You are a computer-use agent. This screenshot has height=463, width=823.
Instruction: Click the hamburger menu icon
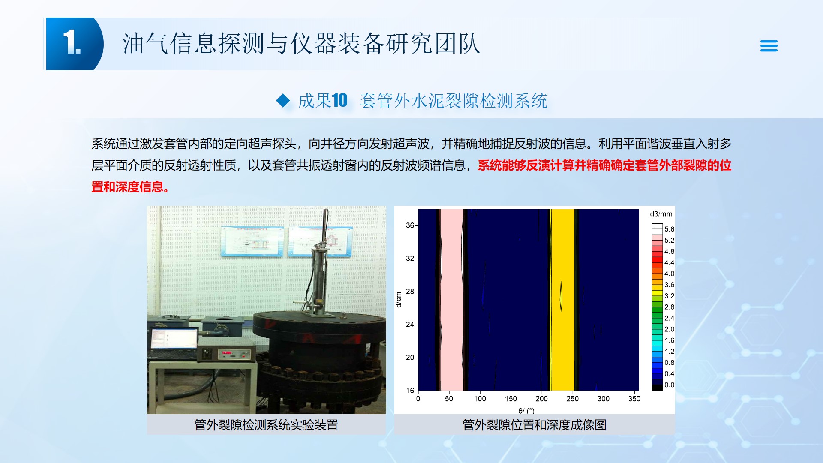[x=769, y=46]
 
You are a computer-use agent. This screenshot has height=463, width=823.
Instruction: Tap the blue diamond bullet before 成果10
[x=283, y=101]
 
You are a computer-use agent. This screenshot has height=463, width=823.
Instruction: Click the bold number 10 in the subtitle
[x=339, y=101]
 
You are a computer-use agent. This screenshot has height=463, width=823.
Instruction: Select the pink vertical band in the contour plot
[x=451, y=300]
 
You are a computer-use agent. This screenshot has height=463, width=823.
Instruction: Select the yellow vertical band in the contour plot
[x=562, y=300]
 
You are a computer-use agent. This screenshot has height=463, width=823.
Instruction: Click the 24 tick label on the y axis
[x=410, y=325]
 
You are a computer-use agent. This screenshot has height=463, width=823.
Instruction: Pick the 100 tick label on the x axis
[x=480, y=399]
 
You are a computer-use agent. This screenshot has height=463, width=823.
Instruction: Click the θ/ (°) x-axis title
[x=526, y=411]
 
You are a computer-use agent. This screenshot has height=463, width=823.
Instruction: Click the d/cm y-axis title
[x=399, y=300]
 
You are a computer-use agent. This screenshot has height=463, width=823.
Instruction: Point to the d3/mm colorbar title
[x=661, y=214]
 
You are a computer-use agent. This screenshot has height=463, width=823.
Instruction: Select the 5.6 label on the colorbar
[x=669, y=229]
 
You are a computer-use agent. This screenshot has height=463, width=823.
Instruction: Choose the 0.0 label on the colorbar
[x=669, y=385]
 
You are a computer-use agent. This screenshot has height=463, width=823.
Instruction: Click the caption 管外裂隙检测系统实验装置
[x=266, y=425]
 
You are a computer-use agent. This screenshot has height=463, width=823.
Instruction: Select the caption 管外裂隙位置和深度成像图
[x=534, y=425]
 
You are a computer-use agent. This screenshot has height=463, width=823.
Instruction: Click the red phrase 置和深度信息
[x=130, y=187]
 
